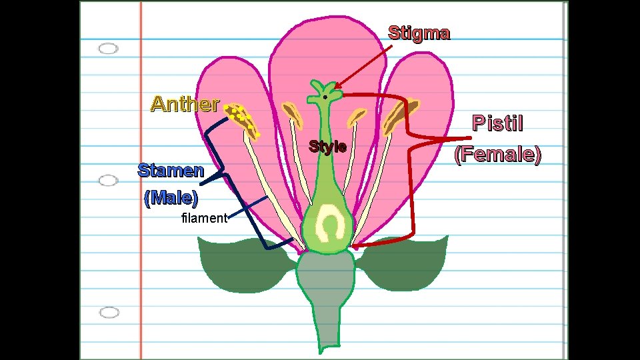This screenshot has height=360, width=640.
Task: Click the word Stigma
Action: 419,33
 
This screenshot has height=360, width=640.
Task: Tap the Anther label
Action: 185,104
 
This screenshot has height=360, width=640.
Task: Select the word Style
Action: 327,147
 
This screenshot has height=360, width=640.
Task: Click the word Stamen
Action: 171,170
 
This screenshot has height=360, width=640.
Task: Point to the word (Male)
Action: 171,198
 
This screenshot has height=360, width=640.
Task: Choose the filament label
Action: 204,218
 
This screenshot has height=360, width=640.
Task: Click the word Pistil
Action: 497,123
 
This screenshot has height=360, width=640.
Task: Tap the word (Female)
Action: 497,155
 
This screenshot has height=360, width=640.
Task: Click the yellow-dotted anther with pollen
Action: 241,119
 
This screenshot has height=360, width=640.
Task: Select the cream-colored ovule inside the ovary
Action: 328,223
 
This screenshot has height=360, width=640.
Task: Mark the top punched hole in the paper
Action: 108,49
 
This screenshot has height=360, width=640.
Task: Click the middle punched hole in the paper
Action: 108,181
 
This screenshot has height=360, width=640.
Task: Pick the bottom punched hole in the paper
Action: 109,312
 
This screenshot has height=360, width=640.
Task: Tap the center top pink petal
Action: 320,53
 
